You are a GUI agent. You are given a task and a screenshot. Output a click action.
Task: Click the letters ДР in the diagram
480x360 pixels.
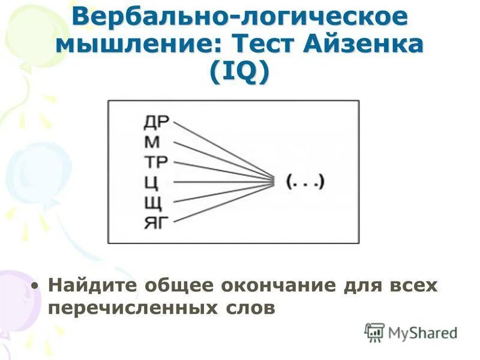click(157, 123)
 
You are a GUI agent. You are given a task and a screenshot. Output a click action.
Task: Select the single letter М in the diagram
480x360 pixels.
click(152, 143)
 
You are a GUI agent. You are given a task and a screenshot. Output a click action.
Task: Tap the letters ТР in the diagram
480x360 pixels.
click(157, 162)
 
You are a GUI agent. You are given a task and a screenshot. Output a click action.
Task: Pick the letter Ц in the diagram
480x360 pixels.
click(152, 182)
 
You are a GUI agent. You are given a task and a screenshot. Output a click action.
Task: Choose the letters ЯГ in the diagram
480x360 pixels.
click(157, 222)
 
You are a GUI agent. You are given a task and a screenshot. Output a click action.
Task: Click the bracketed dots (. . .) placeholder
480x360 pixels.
click(305, 181)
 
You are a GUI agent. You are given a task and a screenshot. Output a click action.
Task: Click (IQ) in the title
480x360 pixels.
click(240, 73)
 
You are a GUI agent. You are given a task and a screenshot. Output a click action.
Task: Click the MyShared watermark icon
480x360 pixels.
click(374, 332)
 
